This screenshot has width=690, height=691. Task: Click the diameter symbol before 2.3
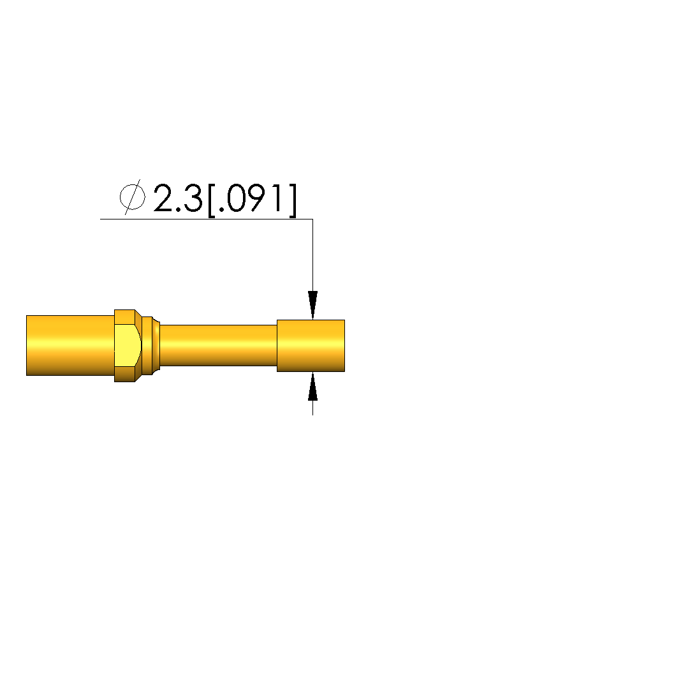(132, 197)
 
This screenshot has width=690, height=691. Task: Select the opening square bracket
(211, 200)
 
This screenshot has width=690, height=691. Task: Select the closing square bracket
(292, 200)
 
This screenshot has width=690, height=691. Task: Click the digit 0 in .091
(237, 198)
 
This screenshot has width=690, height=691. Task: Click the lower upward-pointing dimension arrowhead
(312, 387)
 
